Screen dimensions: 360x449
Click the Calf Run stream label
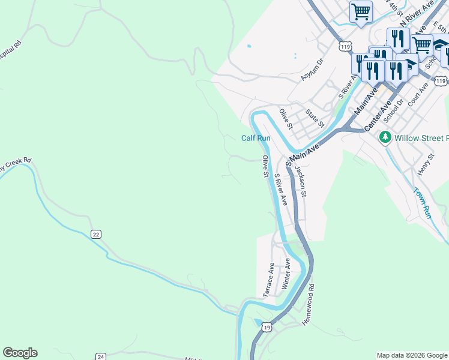click(256, 138)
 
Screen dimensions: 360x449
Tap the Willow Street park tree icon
click(385, 138)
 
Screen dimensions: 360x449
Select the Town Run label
click(423, 203)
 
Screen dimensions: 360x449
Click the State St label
click(315, 118)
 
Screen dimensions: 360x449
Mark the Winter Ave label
click(287, 272)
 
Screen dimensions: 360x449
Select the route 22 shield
click(96, 234)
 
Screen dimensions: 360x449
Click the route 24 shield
click(100, 356)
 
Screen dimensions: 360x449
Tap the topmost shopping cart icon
click(361, 12)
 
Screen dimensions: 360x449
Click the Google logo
click(20, 353)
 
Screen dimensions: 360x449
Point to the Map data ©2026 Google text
click(412, 355)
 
